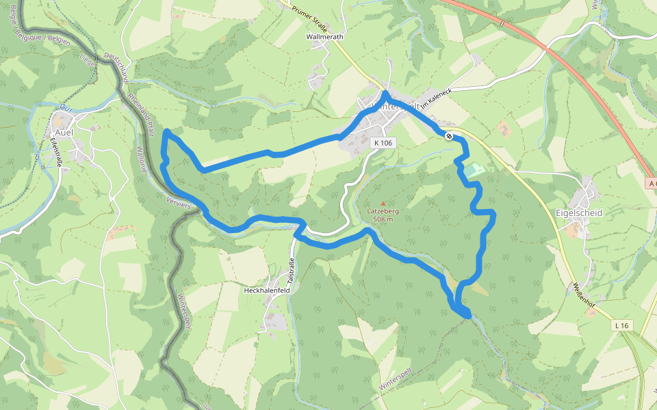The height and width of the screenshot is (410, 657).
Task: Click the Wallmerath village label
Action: click(324, 36)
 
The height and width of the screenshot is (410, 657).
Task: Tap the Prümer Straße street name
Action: click(311, 17)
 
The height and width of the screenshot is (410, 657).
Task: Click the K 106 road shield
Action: click(384, 143)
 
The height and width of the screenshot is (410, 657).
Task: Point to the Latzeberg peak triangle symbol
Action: click(383, 203)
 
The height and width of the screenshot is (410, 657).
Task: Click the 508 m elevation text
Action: click(383, 219)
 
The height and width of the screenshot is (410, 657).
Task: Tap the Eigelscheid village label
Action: click(579, 213)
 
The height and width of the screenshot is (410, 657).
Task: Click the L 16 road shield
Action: click(621, 326)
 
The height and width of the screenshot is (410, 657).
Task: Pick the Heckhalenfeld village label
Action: click(268, 290)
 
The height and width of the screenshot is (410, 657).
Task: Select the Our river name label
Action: click(66, 109)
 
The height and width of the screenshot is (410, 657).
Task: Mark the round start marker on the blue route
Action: click(449, 136)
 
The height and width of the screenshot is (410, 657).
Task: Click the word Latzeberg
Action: click(383, 211)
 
